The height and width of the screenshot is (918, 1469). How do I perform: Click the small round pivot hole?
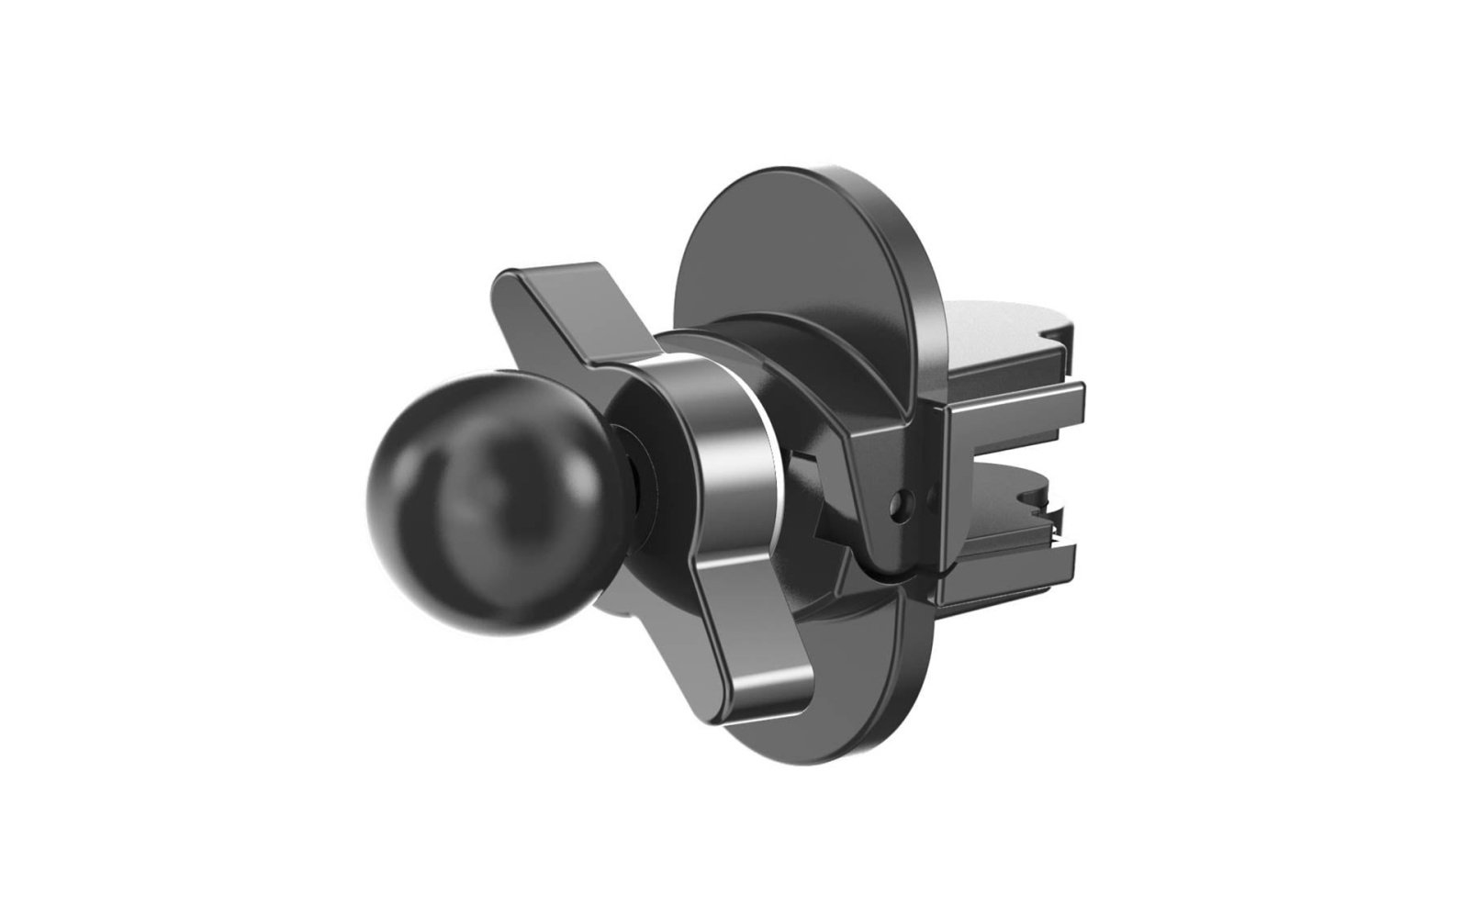[x=904, y=501]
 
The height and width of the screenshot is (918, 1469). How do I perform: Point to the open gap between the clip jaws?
[x=1010, y=459]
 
